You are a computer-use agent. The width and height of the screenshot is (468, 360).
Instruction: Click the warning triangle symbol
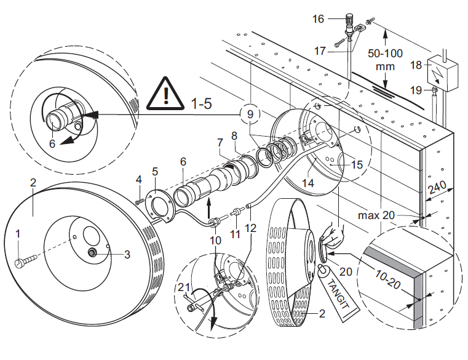pyautogui.click(x=167, y=94)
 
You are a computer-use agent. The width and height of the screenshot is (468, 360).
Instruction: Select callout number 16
pyautogui.click(x=318, y=19)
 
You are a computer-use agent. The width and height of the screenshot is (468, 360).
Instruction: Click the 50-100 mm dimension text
pyautogui.click(x=386, y=60)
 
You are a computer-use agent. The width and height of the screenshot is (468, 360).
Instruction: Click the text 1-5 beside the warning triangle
pyautogui.click(x=200, y=103)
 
